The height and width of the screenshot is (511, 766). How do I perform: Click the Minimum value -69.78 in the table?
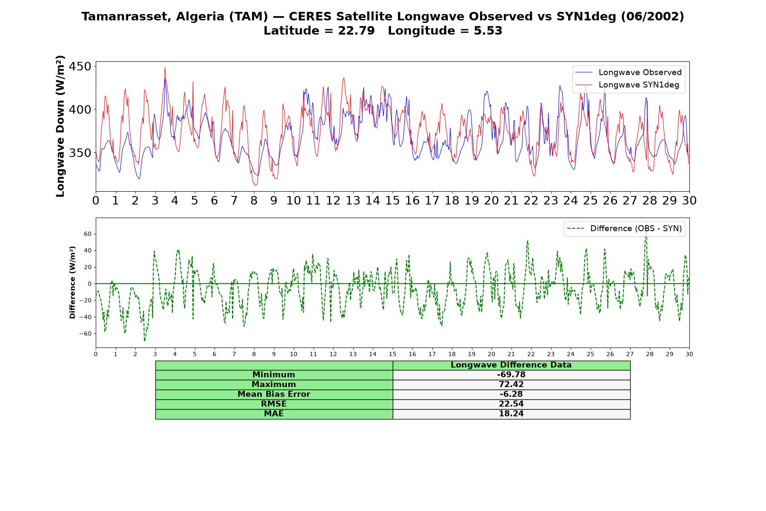tap(511, 375)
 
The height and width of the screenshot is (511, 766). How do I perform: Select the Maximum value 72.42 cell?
tap(511, 385)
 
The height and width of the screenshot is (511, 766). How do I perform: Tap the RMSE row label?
tap(274, 404)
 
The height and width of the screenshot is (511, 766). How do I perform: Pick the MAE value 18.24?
tap(511, 414)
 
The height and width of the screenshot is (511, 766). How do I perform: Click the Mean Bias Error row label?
tap(274, 394)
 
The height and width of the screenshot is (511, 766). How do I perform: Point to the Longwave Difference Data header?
tap(511, 365)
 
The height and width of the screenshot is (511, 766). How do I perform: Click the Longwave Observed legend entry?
tap(629, 72)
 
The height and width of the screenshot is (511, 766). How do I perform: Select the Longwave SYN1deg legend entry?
tap(627, 85)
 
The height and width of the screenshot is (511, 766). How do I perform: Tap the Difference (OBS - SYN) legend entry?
tap(624, 229)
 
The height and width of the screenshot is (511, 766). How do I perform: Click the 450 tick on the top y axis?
tap(80, 66)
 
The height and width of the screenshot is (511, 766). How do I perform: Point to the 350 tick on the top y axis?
tap(80, 153)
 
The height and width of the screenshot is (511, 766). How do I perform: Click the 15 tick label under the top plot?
tap(392, 201)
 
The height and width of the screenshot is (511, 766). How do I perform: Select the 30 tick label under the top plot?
tap(689, 201)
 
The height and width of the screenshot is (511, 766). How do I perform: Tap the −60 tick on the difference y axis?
tap(85, 334)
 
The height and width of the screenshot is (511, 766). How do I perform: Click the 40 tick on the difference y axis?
tap(88, 250)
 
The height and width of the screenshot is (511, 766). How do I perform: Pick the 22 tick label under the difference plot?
tap(531, 354)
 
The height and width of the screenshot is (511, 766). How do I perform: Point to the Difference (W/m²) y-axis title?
tap(72, 283)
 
